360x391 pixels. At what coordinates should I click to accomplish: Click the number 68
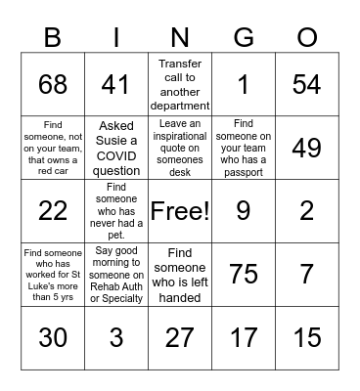click(x=53, y=85)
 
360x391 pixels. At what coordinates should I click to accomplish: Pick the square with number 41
click(x=116, y=85)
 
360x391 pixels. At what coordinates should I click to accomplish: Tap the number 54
click(x=307, y=85)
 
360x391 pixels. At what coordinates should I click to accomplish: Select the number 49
click(x=307, y=148)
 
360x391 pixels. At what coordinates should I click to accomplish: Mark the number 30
click(x=53, y=337)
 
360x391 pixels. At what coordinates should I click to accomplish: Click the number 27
click(x=180, y=337)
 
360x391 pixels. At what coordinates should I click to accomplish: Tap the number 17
click(x=244, y=337)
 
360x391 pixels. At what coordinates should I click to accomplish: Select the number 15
click(x=307, y=337)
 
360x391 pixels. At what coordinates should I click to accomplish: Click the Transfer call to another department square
click(x=180, y=85)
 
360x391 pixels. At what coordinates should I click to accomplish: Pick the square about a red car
click(x=53, y=148)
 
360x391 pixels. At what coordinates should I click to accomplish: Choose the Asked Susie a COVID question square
click(x=116, y=148)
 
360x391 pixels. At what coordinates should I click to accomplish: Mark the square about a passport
click(x=244, y=148)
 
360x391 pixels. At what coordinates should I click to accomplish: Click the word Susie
click(x=116, y=139)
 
